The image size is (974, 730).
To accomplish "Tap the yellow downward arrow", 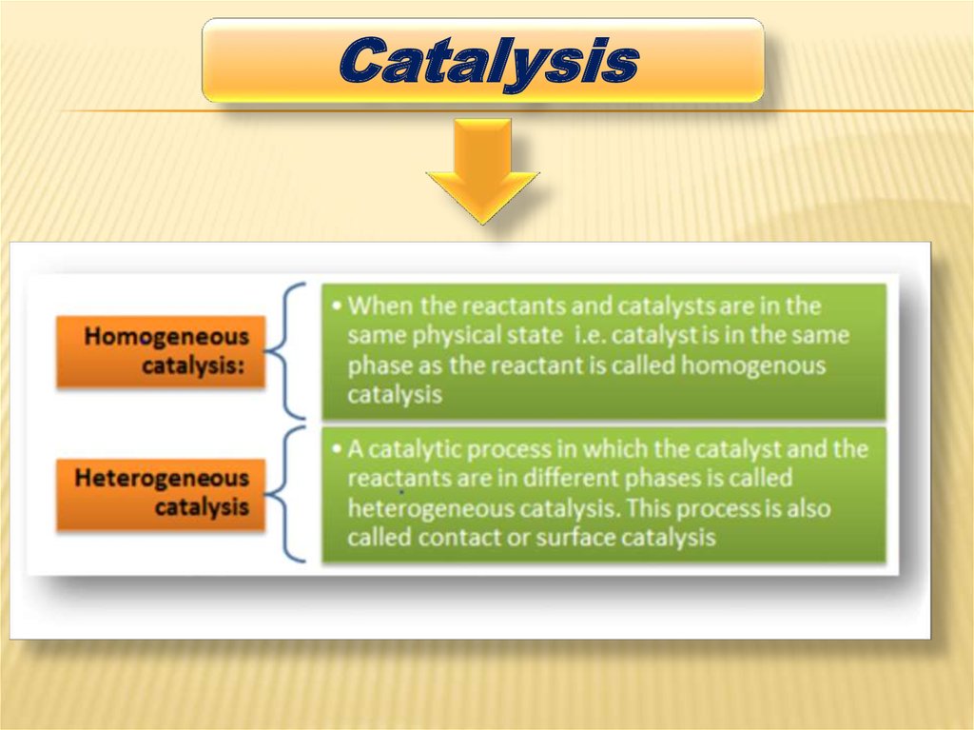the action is [482, 170].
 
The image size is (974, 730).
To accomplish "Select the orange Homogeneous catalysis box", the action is [161, 351].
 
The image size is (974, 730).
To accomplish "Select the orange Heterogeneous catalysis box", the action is [161, 494].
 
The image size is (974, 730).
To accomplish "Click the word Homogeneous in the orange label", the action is [166, 336].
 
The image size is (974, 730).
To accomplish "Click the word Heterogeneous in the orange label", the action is [162, 478].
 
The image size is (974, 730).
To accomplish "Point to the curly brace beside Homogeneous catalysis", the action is [285, 350].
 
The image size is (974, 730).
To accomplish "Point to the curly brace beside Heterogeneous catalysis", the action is [285, 494].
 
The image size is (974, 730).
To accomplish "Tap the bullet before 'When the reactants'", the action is [338, 306].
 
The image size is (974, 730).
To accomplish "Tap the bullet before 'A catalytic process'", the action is [338, 449].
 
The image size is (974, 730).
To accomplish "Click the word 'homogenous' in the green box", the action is [753, 365].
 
